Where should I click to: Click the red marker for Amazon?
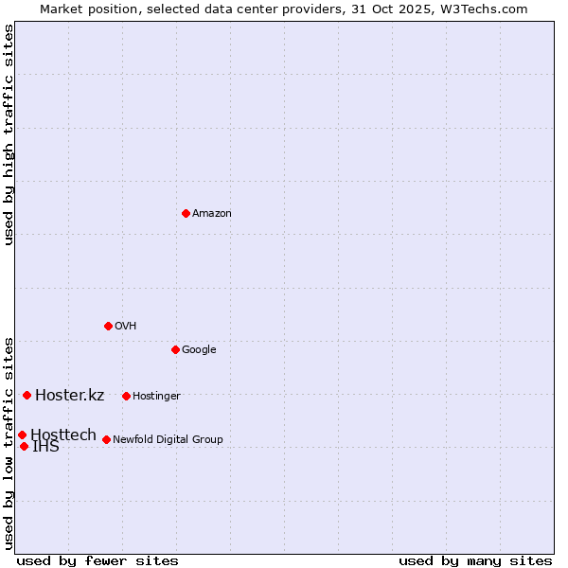pos(186,213)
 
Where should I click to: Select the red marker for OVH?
pos(108,326)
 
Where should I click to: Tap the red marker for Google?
pos(175,349)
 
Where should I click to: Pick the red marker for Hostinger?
pos(126,396)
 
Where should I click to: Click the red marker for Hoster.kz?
pos(27,395)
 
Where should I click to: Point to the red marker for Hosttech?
pos(22,435)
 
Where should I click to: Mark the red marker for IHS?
pos(24,446)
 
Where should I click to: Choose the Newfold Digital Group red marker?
pos(106,439)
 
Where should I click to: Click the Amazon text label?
pos(212,214)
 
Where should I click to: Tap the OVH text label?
pos(126,327)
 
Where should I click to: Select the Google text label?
pos(199,350)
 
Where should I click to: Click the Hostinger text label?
pos(156,397)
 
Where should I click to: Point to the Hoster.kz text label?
pos(69,396)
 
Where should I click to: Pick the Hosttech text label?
pos(63,435)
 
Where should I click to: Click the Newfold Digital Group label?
pos(168,440)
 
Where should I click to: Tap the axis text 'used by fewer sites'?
pos(98,560)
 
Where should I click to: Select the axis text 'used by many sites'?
pos(475,560)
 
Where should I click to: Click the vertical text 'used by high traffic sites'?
pos(9,134)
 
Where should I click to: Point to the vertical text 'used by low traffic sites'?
pos(9,442)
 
